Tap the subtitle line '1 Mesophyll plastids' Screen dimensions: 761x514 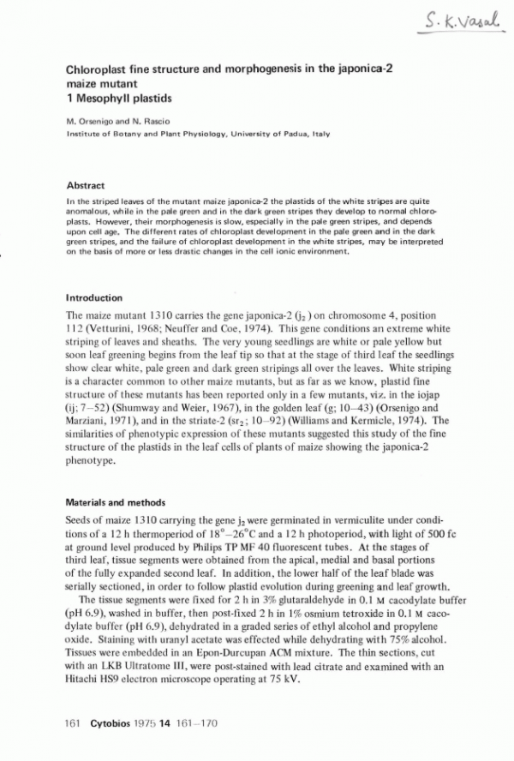click(x=115, y=99)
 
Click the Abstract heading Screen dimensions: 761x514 click(x=86, y=185)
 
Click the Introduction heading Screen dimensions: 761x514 click(x=93, y=297)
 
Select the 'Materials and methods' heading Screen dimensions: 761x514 click(x=116, y=502)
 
